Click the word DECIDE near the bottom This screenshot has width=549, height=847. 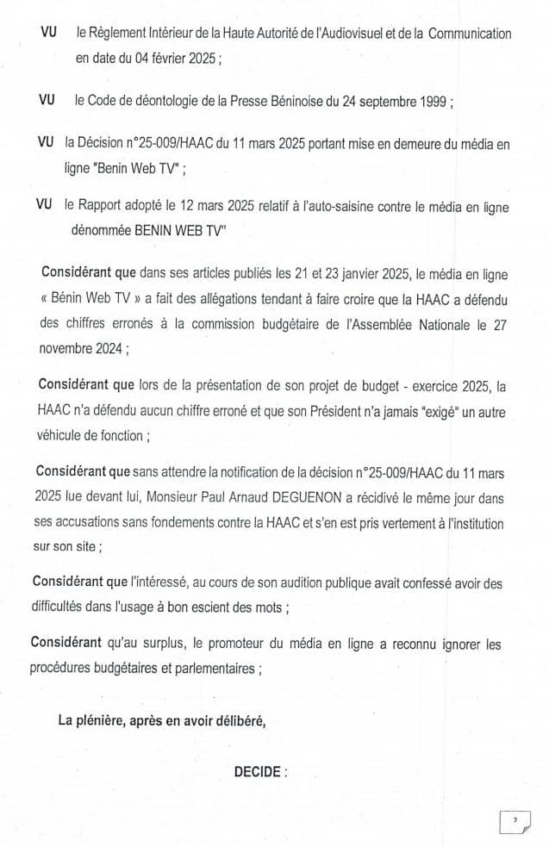[x=256, y=772]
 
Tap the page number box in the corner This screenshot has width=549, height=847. [x=515, y=820]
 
